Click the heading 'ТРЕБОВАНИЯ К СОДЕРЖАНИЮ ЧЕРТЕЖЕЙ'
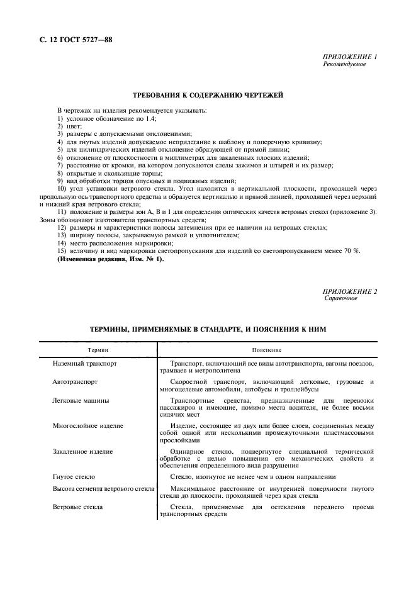[x=208, y=95]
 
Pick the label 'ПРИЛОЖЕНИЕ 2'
[x=349, y=292]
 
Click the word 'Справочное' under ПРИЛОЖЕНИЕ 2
[x=340, y=298]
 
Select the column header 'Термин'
[x=98, y=349]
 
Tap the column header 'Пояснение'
[x=266, y=349]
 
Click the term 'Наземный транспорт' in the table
[x=84, y=364]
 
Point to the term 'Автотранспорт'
[x=76, y=382]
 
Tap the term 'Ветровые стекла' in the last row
[x=78, y=507]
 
